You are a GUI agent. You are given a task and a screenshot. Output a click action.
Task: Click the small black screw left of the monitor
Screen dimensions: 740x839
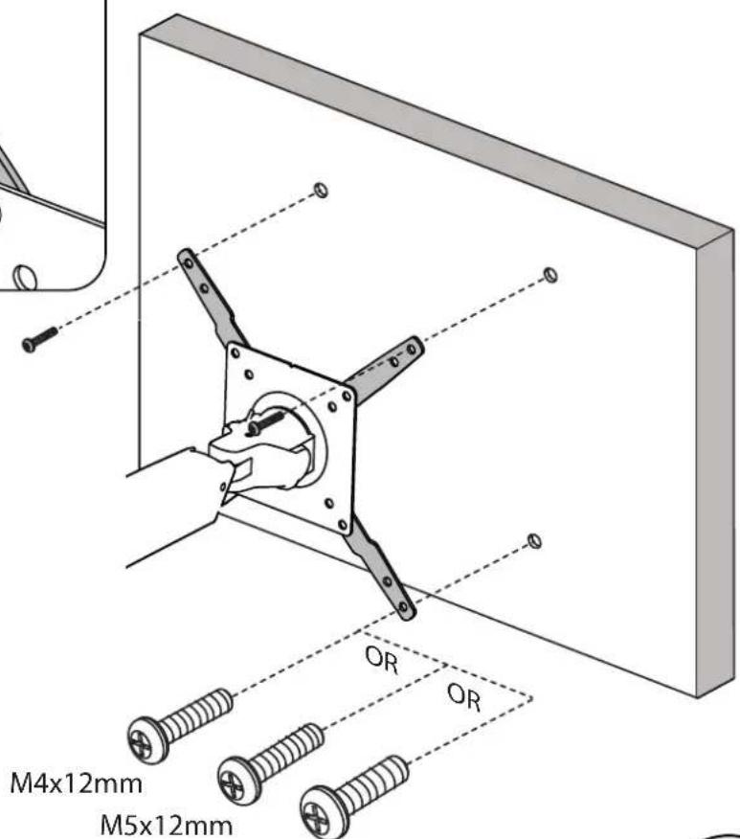(39, 339)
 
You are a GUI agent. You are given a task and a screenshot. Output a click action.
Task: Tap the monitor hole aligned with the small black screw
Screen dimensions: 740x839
(321, 190)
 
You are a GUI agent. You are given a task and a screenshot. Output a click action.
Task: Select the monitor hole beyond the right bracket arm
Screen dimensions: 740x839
(549, 275)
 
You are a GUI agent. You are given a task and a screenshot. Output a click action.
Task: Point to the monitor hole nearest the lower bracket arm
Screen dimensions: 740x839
(534, 541)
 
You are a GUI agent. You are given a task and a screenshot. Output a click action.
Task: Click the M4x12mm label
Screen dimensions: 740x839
(77, 783)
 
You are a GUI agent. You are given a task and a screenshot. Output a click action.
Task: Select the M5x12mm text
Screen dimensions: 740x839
(167, 825)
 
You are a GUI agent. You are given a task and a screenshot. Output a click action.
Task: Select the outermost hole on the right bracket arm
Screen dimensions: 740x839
(412, 350)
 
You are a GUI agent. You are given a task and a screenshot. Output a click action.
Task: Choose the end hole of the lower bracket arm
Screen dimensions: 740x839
(404, 607)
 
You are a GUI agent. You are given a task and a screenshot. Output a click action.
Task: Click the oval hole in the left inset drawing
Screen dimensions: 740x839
(24, 276)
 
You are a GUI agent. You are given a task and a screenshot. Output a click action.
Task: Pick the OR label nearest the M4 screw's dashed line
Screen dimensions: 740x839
(382, 660)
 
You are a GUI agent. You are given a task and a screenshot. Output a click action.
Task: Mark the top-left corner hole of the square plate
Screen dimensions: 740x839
(235, 353)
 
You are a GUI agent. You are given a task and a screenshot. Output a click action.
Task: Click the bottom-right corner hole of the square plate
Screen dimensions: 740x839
(344, 524)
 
